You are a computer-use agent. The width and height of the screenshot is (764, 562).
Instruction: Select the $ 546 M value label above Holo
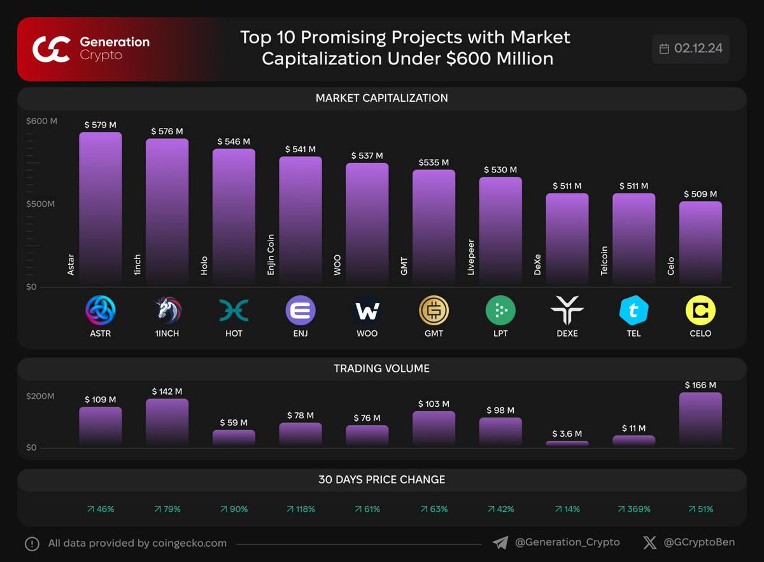point(234,141)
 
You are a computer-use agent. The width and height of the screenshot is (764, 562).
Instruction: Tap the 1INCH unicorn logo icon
point(167,311)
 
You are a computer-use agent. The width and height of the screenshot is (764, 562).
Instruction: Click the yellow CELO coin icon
point(700,311)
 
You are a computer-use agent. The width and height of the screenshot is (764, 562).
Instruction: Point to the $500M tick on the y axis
point(40,204)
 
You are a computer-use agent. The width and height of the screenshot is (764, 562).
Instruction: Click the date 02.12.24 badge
point(691,49)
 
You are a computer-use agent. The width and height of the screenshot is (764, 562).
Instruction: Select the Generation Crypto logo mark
point(51,49)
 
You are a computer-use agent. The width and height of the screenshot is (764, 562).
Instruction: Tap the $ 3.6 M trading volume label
point(566,434)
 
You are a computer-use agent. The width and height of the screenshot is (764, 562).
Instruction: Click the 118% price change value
point(301,509)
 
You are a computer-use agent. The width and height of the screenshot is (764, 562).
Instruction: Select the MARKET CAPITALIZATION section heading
point(381,99)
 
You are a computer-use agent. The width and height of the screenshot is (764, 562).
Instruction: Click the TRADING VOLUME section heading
point(381,369)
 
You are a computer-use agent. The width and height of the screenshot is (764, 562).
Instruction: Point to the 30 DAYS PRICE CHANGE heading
point(381,480)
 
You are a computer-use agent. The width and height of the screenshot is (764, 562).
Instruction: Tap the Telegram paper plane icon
point(500,543)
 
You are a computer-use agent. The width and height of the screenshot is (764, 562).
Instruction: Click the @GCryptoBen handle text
point(698,543)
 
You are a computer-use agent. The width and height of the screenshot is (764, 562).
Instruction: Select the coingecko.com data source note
point(137,544)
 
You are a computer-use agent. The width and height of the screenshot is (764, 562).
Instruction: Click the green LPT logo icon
point(500,311)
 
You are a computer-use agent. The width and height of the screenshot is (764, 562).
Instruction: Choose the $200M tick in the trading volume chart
point(40,397)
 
